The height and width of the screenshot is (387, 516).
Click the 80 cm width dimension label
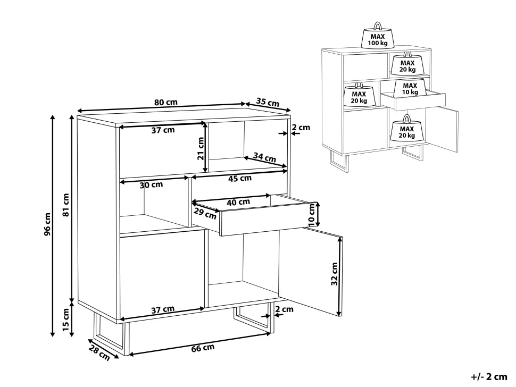click(165, 102)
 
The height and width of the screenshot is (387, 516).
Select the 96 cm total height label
click(47, 224)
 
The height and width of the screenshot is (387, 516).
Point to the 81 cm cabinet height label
click(66, 205)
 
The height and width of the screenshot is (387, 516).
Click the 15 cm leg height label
click(66, 319)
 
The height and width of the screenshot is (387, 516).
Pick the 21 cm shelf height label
click(201, 148)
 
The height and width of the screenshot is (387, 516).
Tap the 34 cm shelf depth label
click(264, 157)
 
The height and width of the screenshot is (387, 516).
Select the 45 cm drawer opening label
click(240, 179)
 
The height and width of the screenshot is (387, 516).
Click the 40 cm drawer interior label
click(238, 202)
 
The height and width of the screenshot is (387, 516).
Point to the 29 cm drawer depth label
click(205, 214)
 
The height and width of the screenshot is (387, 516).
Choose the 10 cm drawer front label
click(312, 215)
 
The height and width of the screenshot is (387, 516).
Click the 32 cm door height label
click(335, 274)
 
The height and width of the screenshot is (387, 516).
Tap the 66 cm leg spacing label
click(203, 348)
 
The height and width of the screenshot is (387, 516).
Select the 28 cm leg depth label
click(99, 353)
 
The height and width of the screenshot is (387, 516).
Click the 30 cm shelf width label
click(151, 185)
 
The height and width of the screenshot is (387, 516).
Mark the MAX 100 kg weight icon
click(378, 36)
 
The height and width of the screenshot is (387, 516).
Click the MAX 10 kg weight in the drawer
click(410, 88)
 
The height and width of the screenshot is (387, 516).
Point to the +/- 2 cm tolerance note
click(489, 376)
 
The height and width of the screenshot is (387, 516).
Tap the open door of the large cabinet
click(311, 272)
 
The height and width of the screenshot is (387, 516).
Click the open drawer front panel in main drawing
click(269, 220)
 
